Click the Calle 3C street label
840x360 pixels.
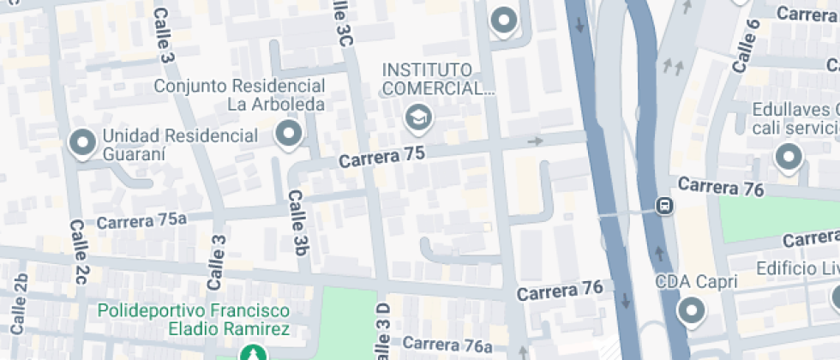(342, 22)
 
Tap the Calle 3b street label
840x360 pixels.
(297, 222)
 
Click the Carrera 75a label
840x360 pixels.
(141, 220)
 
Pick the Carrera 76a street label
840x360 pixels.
(447, 345)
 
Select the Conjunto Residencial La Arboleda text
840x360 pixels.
(240, 95)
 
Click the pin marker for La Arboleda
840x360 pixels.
(289, 134)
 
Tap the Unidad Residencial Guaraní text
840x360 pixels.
(180, 145)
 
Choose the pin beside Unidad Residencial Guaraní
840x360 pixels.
(83, 142)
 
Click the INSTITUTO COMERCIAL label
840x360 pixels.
(440, 78)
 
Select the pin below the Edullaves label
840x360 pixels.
(787, 157)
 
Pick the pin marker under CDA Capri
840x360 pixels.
(691, 310)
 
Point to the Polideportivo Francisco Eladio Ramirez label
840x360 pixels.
(193, 319)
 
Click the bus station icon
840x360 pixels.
(663, 206)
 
